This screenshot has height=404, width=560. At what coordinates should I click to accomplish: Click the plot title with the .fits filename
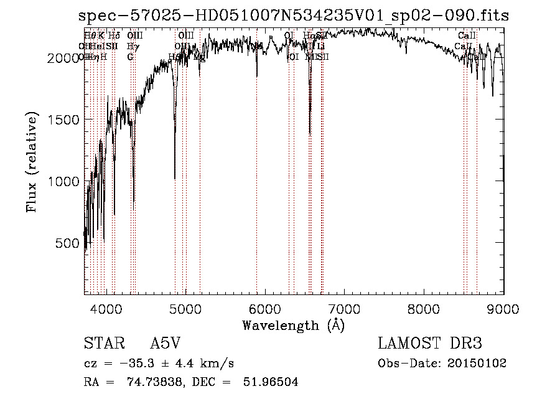(294, 16)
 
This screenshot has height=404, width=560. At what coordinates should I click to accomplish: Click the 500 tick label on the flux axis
(66, 243)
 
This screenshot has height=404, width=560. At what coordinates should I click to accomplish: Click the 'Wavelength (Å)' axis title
(294, 326)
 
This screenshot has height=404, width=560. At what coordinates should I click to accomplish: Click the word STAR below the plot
(101, 344)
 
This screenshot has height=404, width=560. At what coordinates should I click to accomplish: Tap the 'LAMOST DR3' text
(430, 344)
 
